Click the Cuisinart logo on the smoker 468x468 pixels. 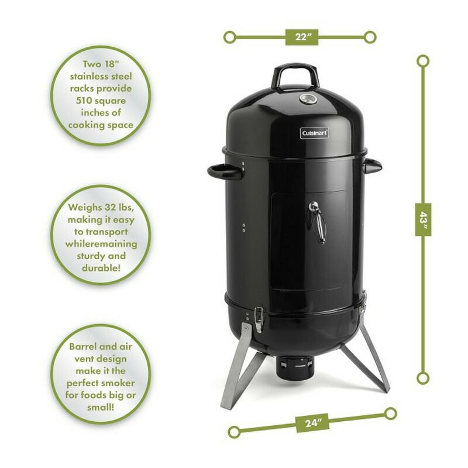[x=315, y=133]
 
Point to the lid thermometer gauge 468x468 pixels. [x=307, y=98]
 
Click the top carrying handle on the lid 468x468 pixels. [x=297, y=75]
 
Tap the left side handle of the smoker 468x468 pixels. [x=224, y=171]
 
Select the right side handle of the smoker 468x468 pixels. [x=371, y=166]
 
